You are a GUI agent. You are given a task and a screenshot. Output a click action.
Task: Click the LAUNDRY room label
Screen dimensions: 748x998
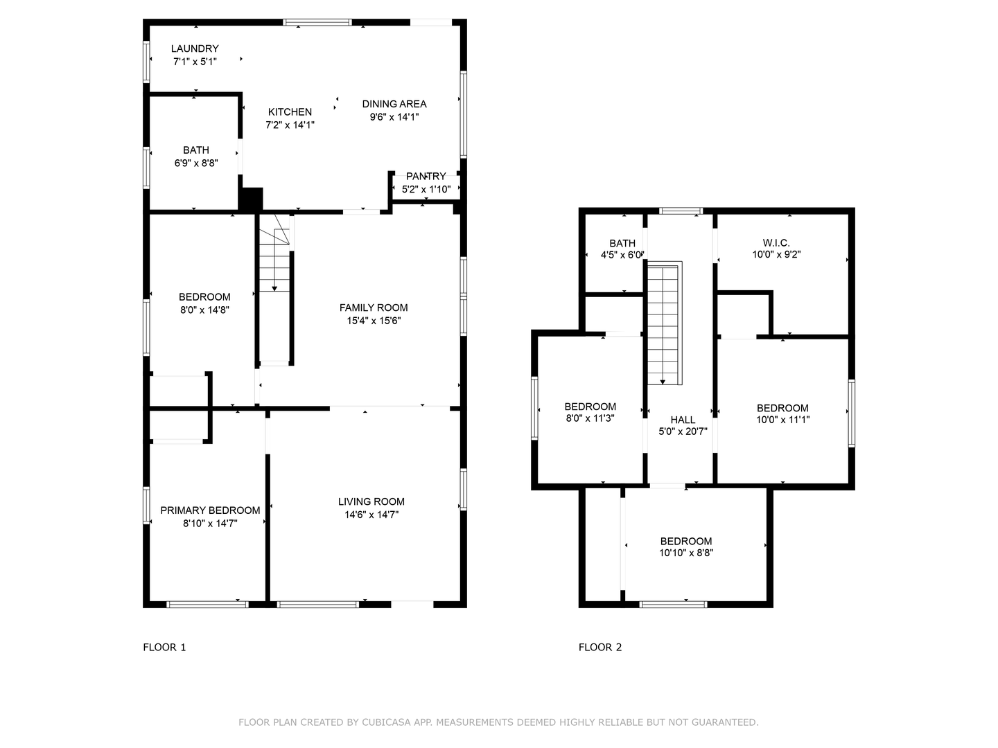(195, 48)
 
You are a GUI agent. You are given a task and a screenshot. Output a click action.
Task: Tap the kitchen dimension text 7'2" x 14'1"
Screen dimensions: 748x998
(290, 125)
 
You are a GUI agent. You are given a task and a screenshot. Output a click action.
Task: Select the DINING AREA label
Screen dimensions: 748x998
(394, 104)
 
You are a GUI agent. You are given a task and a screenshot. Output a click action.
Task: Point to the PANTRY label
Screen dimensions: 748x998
(426, 176)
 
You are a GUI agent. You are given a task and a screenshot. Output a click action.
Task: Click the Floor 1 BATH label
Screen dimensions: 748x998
(196, 150)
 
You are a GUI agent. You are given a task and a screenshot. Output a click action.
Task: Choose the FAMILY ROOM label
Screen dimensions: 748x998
(374, 308)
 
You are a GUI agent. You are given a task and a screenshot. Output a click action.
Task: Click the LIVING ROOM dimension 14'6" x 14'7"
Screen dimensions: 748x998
(371, 515)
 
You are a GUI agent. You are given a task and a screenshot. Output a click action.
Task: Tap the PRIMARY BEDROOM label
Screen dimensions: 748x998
(210, 510)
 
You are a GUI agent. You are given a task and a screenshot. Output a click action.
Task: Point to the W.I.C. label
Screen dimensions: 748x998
(776, 242)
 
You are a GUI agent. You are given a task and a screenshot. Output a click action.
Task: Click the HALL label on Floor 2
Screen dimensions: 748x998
(683, 420)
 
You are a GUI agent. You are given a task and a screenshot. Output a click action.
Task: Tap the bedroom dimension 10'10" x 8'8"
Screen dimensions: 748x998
(686, 553)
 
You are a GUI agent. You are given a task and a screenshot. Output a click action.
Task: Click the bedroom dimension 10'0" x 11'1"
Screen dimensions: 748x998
(782, 419)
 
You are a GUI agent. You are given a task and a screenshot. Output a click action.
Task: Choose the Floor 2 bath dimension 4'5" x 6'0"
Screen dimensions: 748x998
(622, 254)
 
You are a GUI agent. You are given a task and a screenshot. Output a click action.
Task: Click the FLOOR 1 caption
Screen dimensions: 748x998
(164, 647)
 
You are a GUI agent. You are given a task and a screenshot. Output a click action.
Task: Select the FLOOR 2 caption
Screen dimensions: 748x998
(600, 647)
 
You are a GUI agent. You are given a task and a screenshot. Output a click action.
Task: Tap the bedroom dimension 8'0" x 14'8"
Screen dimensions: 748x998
(204, 310)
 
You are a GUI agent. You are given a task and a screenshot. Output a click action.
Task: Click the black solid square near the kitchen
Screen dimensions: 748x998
(251, 199)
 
